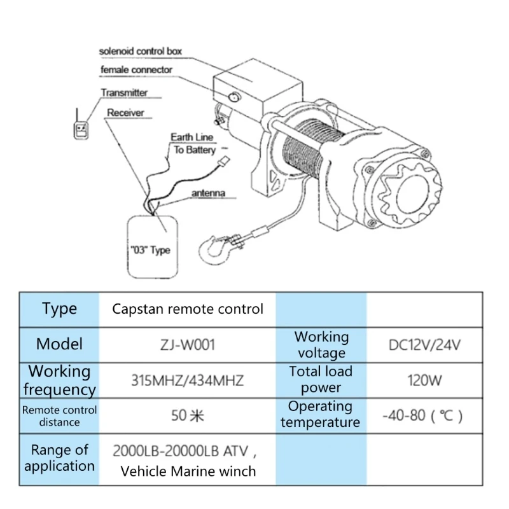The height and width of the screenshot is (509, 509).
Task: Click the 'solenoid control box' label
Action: [x=146, y=50]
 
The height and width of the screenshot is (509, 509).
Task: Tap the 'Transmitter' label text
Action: [x=124, y=93]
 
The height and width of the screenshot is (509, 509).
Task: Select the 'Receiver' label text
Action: [x=125, y=113]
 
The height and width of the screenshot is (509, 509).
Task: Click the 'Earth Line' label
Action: [x=193, y=137]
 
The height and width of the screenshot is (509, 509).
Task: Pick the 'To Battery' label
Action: [x=195, y=150]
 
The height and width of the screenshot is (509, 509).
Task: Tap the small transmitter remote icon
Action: [x=81, y=128]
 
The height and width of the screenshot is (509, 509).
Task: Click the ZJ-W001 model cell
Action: [x=188, y=345]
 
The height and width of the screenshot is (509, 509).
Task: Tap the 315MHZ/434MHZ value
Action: [x=188, y=380]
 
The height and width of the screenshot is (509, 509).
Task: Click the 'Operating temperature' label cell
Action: [x=321, y=414]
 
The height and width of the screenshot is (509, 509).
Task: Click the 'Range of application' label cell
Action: [x=59, y=458]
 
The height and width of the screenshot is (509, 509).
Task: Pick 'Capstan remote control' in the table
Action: [x=188, y=309]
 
